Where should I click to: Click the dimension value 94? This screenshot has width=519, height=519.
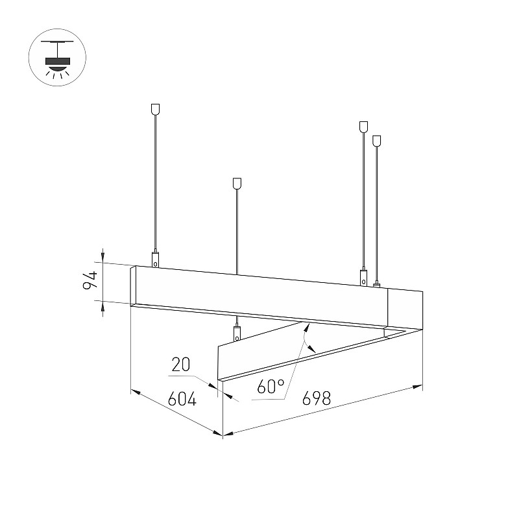(x=90, y=280)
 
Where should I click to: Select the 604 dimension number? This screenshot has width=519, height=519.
(x=182, y=399)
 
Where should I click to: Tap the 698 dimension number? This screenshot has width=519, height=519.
(x=317, y=398)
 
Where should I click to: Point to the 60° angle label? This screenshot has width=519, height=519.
(x=271, y=387)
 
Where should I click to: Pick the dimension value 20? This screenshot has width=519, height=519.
(x=181, y=365)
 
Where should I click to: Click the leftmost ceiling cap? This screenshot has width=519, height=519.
(x=155, y=109)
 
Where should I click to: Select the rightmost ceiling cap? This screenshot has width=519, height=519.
(x=376, y=141)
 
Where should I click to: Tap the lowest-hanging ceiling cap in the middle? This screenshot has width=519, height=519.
(x=237, y=184)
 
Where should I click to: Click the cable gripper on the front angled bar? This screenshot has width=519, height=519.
(x=237, y=333)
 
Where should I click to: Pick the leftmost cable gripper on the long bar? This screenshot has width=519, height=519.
(x=155, y=259)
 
